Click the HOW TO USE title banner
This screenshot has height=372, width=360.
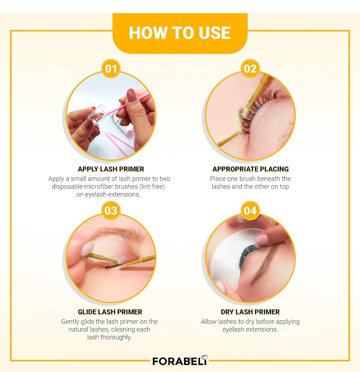pyautogui.click(x=180, y=33)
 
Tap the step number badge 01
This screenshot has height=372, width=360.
pyautogui.click(x=111, y=69)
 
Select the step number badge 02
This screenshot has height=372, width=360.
pyautogui.click(x=250, y=69)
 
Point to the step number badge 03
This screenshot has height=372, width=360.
pyautogui.click(x=111, y=211)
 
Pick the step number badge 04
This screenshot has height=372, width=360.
pyautogui.click(x=250, y=211)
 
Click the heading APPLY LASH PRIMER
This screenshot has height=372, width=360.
pyautogui.click(x=111, y=169)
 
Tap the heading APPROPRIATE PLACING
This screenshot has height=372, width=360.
pyautogui.click(x=251, y=169)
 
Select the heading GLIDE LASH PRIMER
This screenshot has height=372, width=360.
pyautogui.click(x=110, y=312)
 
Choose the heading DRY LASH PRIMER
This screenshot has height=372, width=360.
pyautogui.click(x=250, y=312)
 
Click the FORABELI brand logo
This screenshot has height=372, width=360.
pyautogui.click(x=180, y=361)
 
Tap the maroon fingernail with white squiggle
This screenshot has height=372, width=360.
pyautogui.click(x=131, y=95)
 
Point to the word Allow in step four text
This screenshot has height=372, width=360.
pyautogui.click(x=208, y=321)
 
